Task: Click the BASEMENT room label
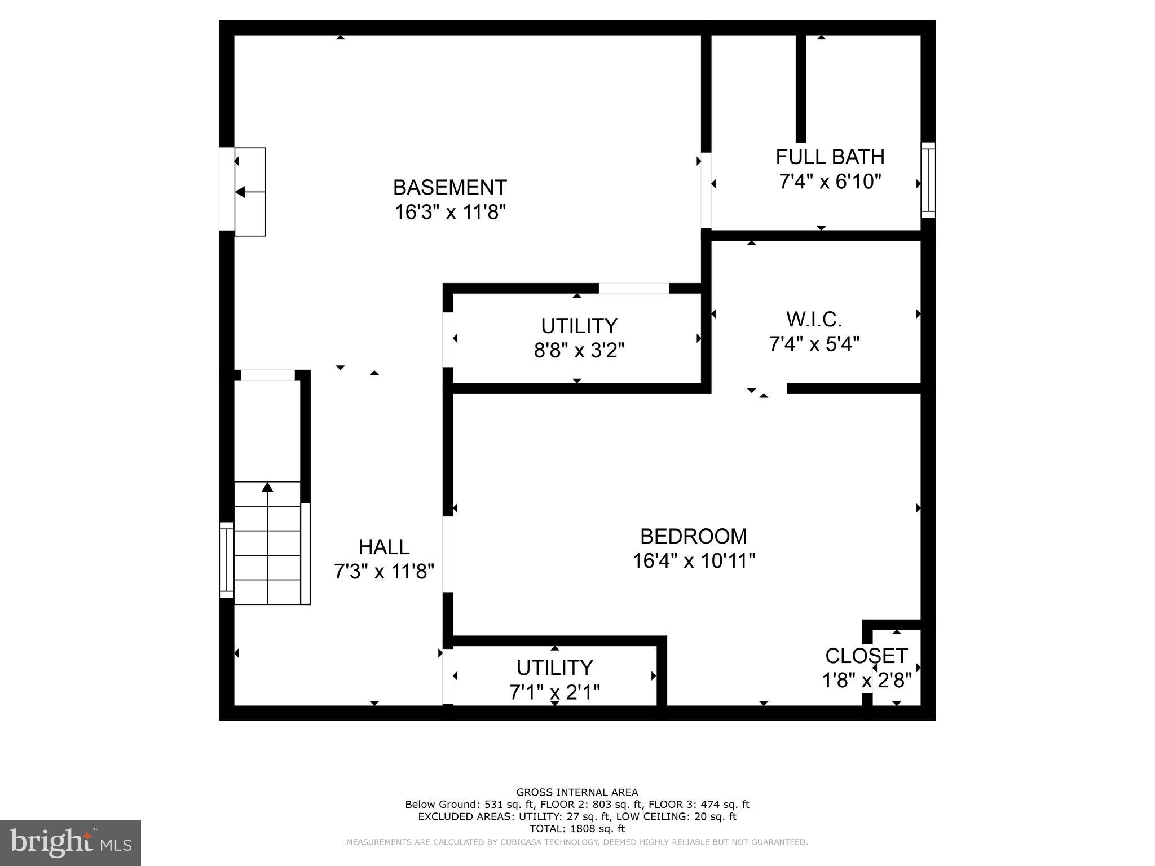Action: click(x=449, y=187)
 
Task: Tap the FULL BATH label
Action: click(x=830, y=157)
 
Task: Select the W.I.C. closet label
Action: click(x=814, y=320)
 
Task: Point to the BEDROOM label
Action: click(x=693, y=536)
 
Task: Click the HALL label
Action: click(x=384, y=547)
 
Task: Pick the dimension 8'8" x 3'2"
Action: click(x=579, y=351)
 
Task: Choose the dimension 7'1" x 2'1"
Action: click(x=554, y=692)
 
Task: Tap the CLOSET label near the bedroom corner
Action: click(x=866, y=656)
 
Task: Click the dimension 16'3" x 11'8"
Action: click(x=449, y=213)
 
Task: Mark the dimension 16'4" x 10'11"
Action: click(x=693, y=561)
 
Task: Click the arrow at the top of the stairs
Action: click(x=267, y=487)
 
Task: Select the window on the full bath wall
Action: click(x=928, y=180)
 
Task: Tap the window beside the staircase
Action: click(x=226, y=559)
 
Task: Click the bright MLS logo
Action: click(x=70, y=842)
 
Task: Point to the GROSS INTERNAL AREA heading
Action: click(x=577, y=792)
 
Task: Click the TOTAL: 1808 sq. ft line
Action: click(x=577, y=829)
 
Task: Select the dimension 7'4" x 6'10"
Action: click(x=830, y=182)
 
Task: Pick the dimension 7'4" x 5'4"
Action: click(x=814, y=344)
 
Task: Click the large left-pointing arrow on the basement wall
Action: click(x=241, y=192)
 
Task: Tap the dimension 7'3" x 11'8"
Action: click(x=384, y=572)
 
